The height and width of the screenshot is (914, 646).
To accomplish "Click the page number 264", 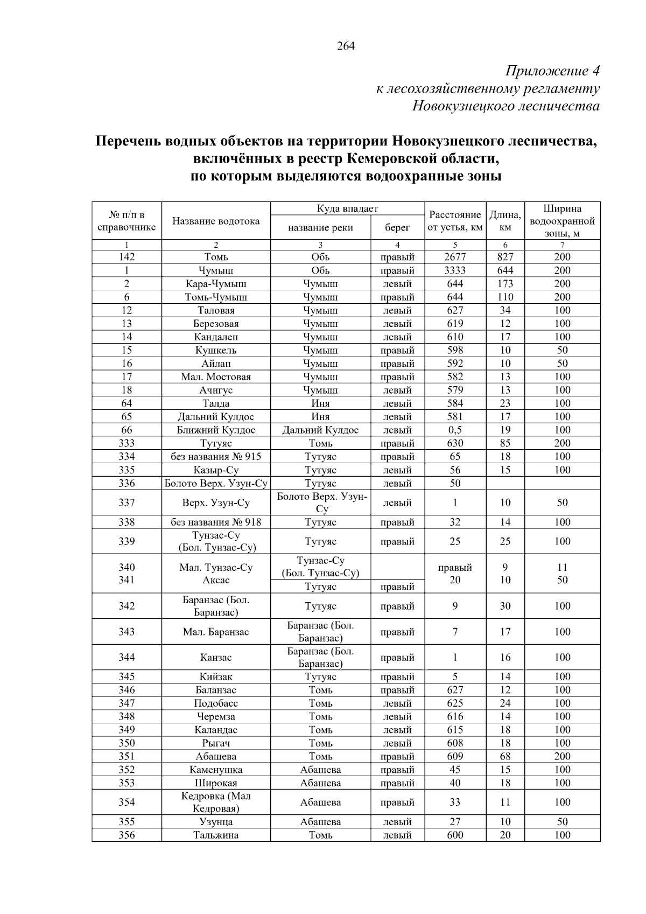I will click(346, 46).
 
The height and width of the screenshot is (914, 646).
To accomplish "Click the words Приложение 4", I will click(552, 71).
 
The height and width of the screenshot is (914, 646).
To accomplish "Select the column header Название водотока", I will click(216, 221).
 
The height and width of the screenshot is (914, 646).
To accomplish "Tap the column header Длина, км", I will click(505, 221).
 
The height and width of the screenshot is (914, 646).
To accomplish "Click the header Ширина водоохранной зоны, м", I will click(562, 221).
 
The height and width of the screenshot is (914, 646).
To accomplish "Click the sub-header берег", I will click(397, 227).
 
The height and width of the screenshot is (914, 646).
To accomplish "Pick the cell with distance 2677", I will click(455, 257).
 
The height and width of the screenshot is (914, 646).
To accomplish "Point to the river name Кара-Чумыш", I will click(216, 284).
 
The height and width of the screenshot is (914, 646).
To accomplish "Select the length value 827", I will click(505, 257).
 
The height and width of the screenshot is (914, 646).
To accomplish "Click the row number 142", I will click(127, 257).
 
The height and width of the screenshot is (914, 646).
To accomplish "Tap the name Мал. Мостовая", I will click(216, 377).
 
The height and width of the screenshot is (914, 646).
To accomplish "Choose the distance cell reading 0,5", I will click(455, 430).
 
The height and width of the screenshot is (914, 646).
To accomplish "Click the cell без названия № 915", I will click(216, 457).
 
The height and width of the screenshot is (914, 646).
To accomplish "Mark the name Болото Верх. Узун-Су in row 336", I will click(216, 484).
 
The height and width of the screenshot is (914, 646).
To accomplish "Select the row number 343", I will click(127, 632).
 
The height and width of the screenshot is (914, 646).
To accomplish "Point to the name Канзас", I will click(216, 658).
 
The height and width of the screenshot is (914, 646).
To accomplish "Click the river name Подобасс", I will click(216, 703).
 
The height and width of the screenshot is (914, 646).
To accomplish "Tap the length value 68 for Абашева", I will click(505, 757).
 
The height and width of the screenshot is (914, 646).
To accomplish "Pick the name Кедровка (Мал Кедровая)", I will click(216, 803).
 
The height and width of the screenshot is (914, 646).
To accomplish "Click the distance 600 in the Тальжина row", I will click(455, 835).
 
